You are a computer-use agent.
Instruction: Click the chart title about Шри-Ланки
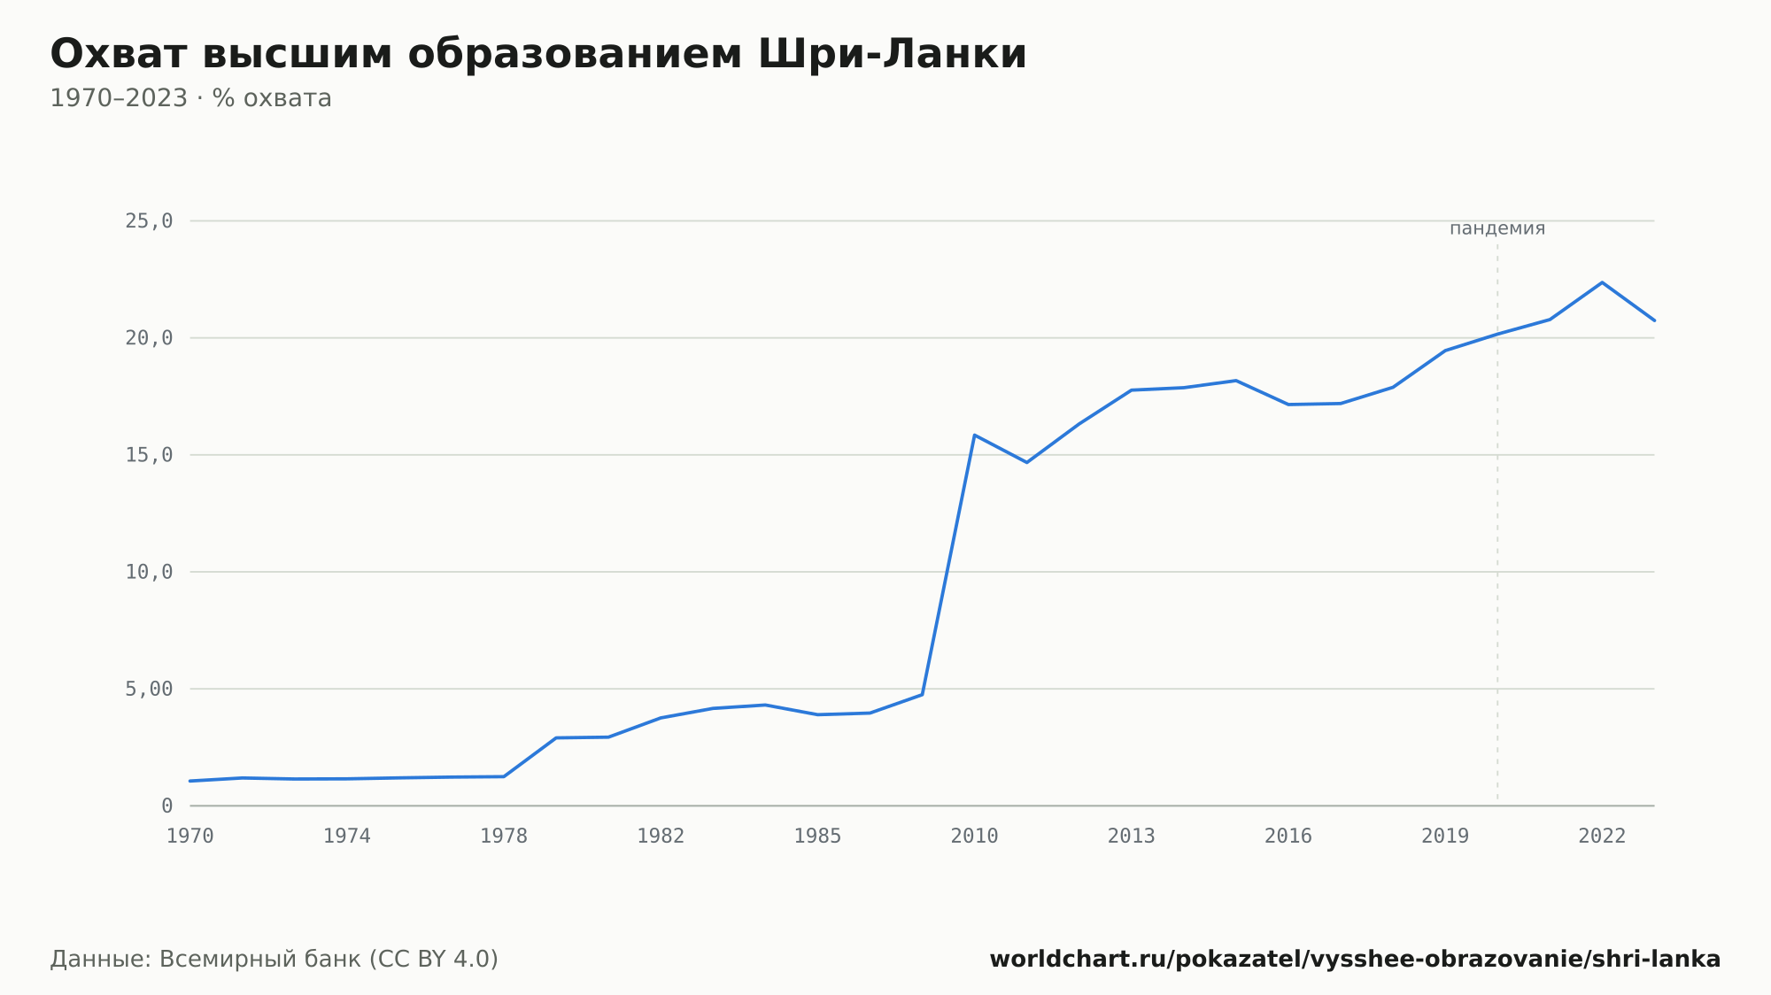click(538, 54)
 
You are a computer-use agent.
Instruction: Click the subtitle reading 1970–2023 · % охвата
click(190, 98)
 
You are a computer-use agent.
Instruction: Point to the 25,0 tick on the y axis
click(149, 221)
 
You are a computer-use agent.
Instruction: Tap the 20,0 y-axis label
click(149, 338)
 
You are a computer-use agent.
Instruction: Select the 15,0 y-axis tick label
click(149, 455)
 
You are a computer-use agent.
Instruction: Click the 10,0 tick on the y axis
click(149, 572)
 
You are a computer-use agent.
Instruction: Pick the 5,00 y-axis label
click(149, 689)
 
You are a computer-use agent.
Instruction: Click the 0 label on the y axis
click(167, 806)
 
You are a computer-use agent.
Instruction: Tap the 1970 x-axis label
click(190, 837)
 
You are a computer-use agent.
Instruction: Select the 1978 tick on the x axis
click(504, 837)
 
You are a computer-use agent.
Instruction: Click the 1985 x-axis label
click(817, 837)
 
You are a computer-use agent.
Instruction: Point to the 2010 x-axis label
click(974, 837)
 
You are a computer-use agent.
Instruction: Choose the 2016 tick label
click(1288, 837)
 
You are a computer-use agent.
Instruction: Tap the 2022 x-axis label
click(1602, 837)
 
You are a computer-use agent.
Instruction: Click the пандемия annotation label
click(1497, 228)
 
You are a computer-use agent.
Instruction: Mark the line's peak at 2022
click(1602, 282)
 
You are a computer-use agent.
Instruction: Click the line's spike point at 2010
click(974, 435)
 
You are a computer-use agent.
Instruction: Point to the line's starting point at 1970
click(190, 781)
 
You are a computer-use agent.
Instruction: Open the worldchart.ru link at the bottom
click(1355, 959)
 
